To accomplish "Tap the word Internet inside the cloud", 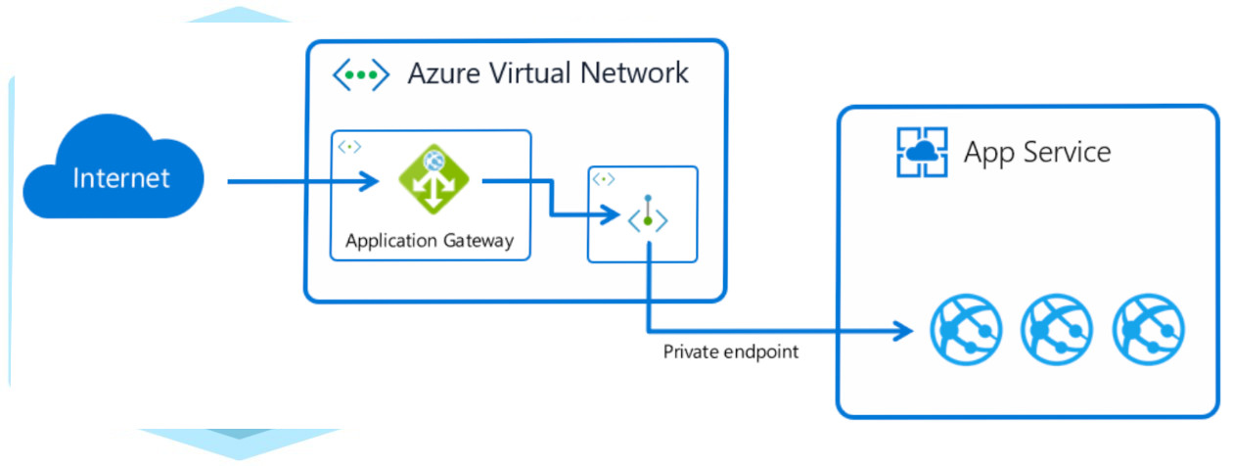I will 121,178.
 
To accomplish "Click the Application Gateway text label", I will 430,242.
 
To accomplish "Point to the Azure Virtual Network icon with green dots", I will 362,74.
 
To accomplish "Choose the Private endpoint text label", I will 731,351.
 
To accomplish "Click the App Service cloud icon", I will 922,152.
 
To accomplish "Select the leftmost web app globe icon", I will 964,329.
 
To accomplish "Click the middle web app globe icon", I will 1056,329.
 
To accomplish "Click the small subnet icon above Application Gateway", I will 349,146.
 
